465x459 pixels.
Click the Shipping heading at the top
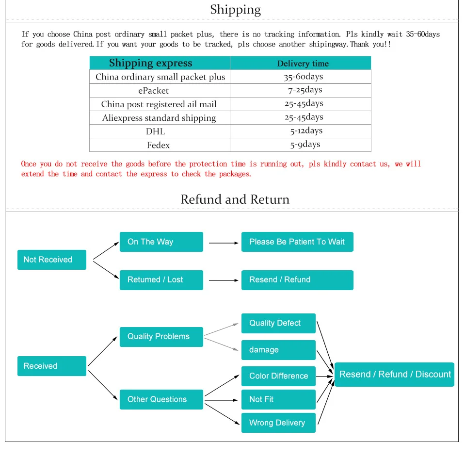click(235, 10)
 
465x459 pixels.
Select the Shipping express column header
click(150, 63)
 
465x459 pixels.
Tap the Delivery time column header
click(303, 64)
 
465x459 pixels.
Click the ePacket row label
click(153, 90)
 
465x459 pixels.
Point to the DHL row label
click(155, 131)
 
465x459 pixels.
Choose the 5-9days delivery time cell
click(305, 144)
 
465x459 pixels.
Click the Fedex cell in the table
click(158, 145)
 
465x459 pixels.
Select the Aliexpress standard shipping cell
click(159, 118)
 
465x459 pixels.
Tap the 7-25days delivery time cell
click(305, 90)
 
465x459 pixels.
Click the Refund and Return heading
click(235, 199)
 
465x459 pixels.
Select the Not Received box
click(51, 260)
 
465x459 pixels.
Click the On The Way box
click(161, 242)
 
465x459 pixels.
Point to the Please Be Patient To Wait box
click(297, 242)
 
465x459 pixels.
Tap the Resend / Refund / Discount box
click(394, 374)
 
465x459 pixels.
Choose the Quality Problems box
click(161, 336)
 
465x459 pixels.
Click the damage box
click(278, 350)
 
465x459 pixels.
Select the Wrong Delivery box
click(278, 423)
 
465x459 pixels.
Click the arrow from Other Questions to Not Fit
click(223, 400)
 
